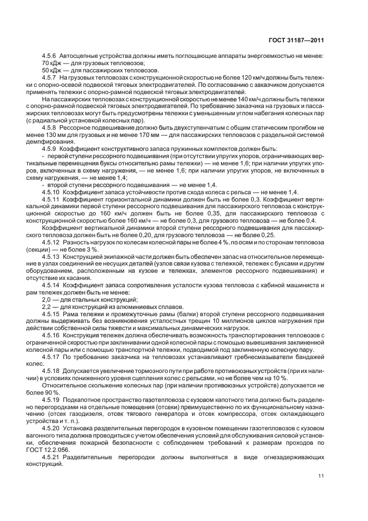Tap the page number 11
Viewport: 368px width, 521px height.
pos(321,475)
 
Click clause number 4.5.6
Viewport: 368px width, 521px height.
pos(51,57)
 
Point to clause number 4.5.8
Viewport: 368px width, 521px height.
pos(51,127)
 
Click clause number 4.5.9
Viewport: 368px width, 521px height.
pos(51,148)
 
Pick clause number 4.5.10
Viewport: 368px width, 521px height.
pos(52,191)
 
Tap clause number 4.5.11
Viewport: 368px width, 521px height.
pos(52,198)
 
